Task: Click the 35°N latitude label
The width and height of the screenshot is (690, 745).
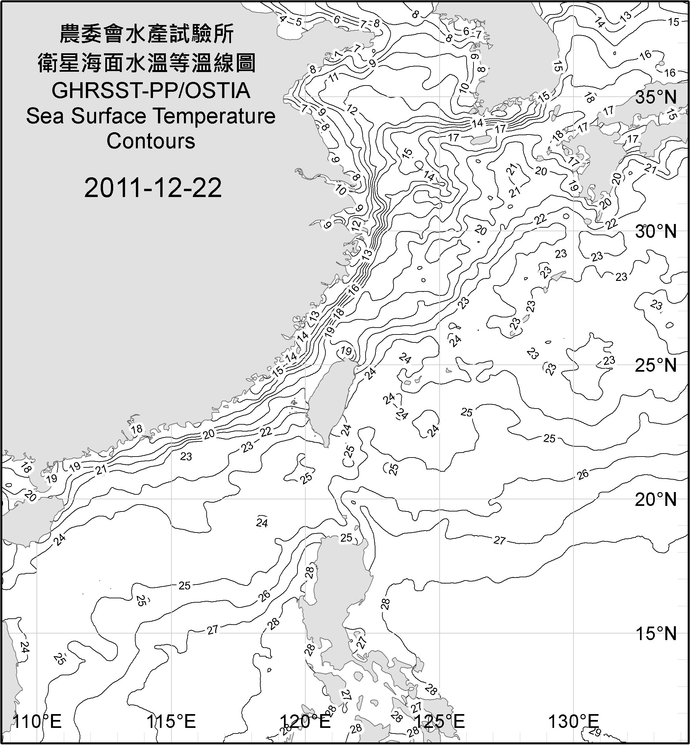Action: [x=656, y=97]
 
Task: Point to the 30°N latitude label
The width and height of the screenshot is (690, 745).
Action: [x=656, y=232]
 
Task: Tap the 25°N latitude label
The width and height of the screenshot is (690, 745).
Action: [x=656, y=365]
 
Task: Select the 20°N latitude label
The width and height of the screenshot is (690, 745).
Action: [x=656, y=499]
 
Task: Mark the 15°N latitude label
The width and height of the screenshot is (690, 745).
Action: [x=656, y=633]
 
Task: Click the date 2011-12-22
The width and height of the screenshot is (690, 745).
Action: [x=153, y=188]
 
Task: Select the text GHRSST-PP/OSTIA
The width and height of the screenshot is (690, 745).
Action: [x=151, y=91]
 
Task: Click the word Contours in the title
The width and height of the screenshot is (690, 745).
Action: [x=151, y=141]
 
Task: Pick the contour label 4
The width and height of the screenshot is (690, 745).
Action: [x=283, y=19]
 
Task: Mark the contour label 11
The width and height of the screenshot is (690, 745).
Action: [x=333, y=78]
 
